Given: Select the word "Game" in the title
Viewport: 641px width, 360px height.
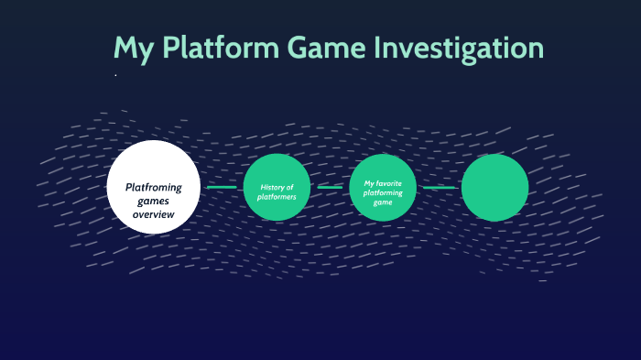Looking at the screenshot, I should click(326, 49).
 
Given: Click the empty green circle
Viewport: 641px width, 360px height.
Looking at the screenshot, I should click(494, 188).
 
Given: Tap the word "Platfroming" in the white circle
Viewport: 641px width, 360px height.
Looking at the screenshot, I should click(153, 187).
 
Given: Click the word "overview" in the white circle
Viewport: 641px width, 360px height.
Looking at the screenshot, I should click(153, 213).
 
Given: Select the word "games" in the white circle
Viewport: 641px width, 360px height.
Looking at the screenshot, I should click(154, 201).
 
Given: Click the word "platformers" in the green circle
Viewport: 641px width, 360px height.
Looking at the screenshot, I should click(277, 196).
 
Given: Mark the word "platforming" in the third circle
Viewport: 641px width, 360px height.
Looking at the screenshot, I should click(383, 192).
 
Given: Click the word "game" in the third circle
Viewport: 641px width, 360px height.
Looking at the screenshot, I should click(383, 202).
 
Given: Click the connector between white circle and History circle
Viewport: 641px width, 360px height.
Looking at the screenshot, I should click(222, 188).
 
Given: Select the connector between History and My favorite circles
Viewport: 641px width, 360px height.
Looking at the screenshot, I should click(330, 188).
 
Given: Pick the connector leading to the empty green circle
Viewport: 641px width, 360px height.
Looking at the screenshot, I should click(439, 188).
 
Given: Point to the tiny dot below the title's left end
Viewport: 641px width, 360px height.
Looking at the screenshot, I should click(115, 75).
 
